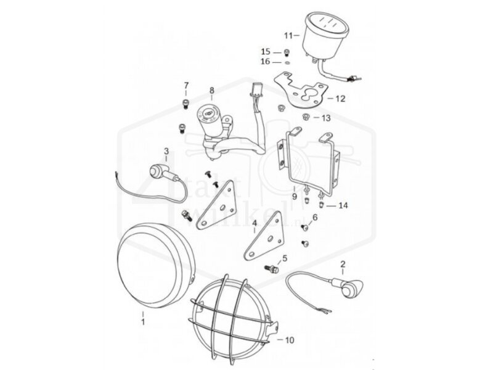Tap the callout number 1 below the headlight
(x=143, y=321)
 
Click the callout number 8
(x=211, y=90)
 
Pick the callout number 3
(x=166, y=150)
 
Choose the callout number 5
(x=284, y=258)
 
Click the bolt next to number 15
(x=287, y=52)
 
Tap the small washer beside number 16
(x=287, y=62)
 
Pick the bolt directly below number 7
(x=183, y=104)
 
